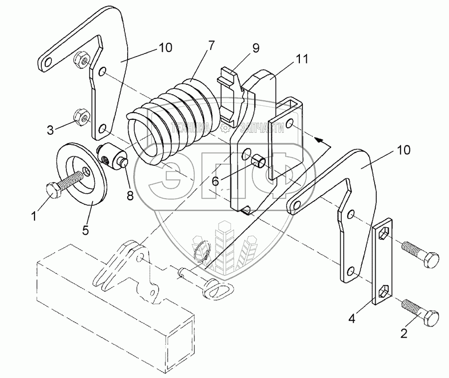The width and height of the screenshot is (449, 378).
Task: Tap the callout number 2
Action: pyautogui.click(x=403, y=332)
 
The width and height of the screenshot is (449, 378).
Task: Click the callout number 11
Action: pyautogui.click(x=301, y=60)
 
